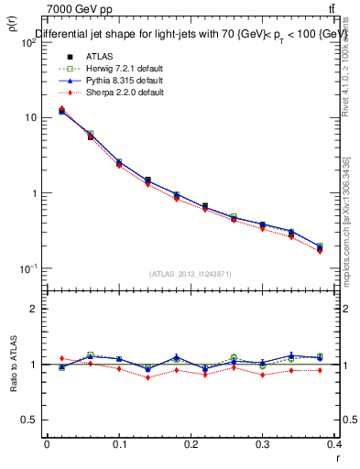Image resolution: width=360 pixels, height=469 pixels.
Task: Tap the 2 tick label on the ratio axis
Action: [33, 309]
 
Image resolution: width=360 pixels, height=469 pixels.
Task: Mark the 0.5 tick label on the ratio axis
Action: [29, 420]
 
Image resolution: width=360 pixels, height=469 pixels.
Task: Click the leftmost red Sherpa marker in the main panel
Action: [61, 109]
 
